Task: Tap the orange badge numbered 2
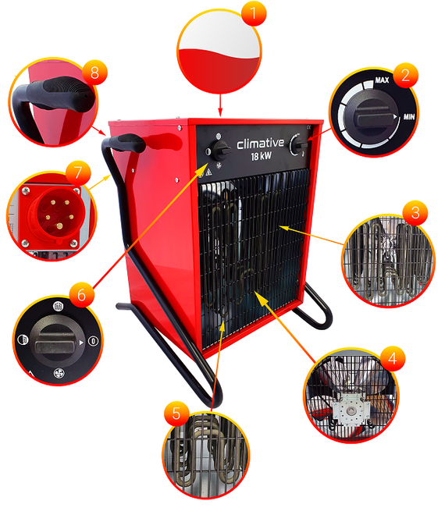coord(405,75)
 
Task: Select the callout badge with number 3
coord(415,213)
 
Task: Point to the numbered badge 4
coord(393,358)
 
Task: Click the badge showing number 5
coord(176,414)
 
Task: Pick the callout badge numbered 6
coord(81,295)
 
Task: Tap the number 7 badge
coord(78,172)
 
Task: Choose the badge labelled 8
coord(94,73)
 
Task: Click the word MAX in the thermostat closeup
coord(382,80)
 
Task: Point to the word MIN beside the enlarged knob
coord(409,116)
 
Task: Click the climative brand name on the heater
coord(260,144)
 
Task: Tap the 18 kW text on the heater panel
coord(262,156)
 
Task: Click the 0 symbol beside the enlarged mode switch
coord(94,341)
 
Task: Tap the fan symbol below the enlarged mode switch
coord(59,373)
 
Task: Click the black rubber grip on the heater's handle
coord(127,142)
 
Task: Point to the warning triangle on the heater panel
coord(208,172)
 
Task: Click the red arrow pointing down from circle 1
coord(220,105)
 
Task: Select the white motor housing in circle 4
coord(351,410)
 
